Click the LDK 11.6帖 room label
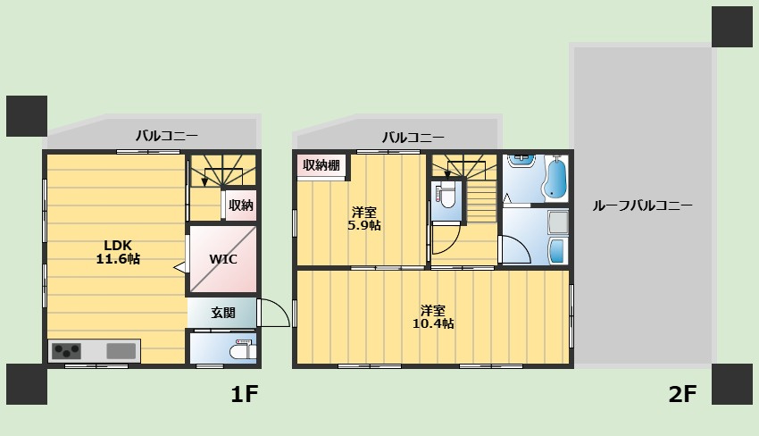coord(118,252)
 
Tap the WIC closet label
coord(223,259)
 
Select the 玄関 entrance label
coord(223,313)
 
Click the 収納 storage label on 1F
coord(241,205)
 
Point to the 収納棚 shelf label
coord(321,165)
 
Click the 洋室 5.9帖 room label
coord(364,219)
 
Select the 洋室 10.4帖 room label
coord(433,317)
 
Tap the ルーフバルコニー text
coord(642,205)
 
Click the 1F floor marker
coord(245,394)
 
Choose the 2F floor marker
coord(682,394)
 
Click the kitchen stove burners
coord(66,351)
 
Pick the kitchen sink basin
coord(121,351)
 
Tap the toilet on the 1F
coord(243,349)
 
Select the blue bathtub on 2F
coord(555,179)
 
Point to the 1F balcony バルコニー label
coord(166,135)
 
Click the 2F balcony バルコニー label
coord(413,138)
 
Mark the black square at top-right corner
coord(732,27)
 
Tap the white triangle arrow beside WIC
coord(179,267)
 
